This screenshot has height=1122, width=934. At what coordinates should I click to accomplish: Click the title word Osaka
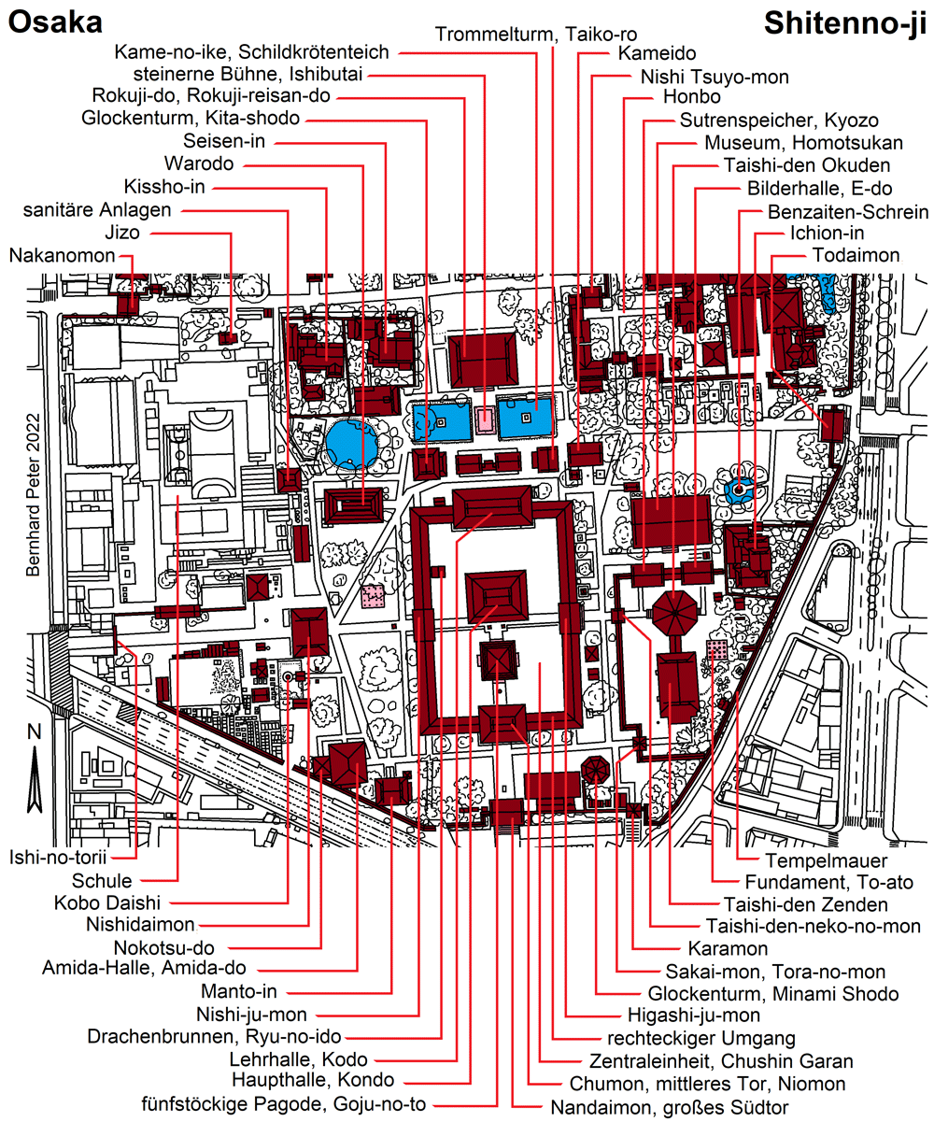click(55, 23)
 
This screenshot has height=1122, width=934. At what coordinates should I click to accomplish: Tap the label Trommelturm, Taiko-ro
click(536, 35)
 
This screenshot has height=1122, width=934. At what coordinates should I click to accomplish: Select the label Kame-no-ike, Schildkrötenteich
click(251, 52)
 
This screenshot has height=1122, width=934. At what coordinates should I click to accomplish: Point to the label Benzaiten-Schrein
click(847, 212)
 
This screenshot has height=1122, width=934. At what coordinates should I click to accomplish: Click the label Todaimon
click(856, 255)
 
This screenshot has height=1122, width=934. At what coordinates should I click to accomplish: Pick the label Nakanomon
click(63, 255)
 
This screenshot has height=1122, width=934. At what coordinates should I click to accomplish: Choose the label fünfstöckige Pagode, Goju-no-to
click(284, 1103)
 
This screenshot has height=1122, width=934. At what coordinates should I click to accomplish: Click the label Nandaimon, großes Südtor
click(669, 1107)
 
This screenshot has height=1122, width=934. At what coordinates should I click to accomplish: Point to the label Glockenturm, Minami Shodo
click(773, 994)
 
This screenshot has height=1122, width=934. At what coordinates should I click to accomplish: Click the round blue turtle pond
click(351, 446)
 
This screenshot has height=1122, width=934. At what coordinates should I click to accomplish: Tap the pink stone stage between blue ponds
click(486, 419)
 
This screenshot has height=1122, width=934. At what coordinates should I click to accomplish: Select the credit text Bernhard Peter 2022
click(34, 495)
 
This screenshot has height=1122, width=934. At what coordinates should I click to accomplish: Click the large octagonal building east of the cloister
click(674, 613)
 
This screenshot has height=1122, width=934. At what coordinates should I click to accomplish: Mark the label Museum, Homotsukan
click(803, 143)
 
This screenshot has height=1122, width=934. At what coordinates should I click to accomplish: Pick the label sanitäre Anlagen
click(97, 210)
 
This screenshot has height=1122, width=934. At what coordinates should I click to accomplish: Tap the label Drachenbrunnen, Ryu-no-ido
click(215, 1037)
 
